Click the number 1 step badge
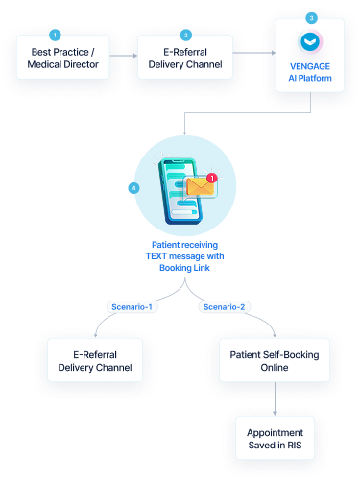55,35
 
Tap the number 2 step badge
186,35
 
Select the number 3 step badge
311,18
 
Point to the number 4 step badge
133,188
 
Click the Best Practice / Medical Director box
63,58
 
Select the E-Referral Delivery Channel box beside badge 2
185,58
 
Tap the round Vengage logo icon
310,42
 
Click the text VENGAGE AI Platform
310,72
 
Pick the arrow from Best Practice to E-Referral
124,56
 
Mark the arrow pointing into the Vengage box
254,53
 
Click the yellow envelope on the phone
200,186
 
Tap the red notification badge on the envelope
212,178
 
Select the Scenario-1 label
132,307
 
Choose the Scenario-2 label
224,307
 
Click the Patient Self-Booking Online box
275,360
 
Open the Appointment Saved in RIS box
275,438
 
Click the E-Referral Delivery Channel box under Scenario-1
95,360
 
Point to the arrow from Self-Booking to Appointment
275,398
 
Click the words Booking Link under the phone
184,268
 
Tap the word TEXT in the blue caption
156,256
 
